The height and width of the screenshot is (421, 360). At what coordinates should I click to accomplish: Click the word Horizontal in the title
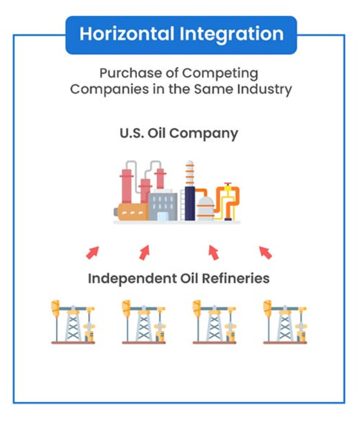pos(127,34)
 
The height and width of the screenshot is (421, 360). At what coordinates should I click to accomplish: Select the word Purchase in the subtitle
pos(131,73)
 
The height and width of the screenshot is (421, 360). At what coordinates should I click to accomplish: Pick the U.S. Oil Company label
pos(179,134)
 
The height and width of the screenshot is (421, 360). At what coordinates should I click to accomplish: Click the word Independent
pos(132,279)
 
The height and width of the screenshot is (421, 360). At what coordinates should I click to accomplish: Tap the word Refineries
pos(236,278)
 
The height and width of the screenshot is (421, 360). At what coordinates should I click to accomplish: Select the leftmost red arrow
pos(93,252)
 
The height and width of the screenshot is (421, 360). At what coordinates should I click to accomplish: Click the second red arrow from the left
pos(145,252)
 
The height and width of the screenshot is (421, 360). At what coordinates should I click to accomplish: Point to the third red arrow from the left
pos(214,252)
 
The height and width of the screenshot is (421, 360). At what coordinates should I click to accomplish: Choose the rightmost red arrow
pos(265,252)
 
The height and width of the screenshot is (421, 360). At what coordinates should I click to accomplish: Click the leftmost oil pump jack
pos(73,322)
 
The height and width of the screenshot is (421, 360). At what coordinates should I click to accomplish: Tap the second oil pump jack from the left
pos(144,322)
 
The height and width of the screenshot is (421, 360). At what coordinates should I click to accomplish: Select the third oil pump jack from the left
pos(214,322)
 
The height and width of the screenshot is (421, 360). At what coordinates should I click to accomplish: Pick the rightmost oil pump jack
pos(285,322)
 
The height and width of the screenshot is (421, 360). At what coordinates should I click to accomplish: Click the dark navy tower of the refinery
pos(190,203)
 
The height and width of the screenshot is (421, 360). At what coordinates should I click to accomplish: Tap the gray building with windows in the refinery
pos(163,205)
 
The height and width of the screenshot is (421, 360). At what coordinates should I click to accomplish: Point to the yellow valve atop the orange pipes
pos(228,187)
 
